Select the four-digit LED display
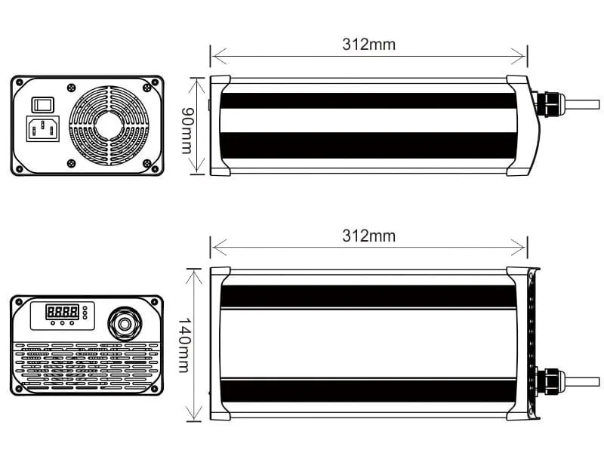point(61,310)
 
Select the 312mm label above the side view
point(368,44)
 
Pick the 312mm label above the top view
point(368,236)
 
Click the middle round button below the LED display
point(61,322)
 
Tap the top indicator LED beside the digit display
point(85,307)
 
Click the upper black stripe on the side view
point(368,101)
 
